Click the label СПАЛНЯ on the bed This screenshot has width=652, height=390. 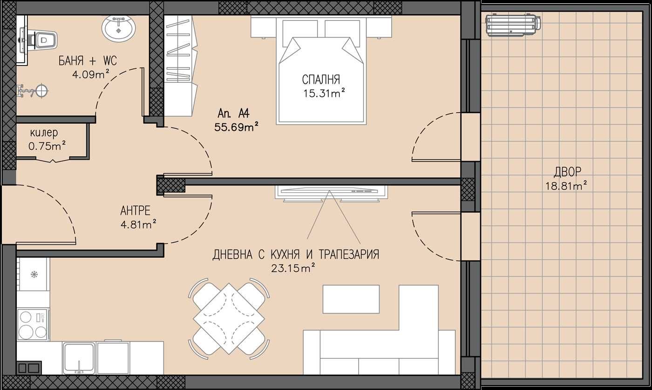(321, 80)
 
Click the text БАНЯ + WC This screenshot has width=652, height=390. (88, 61)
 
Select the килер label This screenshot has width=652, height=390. (43, 133)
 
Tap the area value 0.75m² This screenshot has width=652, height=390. (47, 146)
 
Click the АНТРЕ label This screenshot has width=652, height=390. (135, 210)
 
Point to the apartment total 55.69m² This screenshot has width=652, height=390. (237, 126)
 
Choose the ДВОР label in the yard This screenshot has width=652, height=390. (567, 172)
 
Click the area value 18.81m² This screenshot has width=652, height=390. (565, 186)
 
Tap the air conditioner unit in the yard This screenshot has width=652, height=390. (512, 25)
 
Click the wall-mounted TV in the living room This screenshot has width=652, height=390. (331, 191)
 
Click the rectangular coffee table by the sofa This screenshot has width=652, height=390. (351, 299)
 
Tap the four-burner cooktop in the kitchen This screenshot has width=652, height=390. (33, 324)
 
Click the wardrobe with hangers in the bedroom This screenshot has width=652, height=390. (179, 65)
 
